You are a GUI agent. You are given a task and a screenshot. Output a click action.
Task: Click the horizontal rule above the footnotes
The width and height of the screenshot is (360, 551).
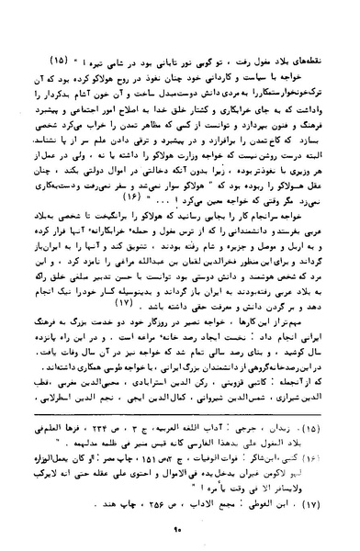[x=181, y=418]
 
